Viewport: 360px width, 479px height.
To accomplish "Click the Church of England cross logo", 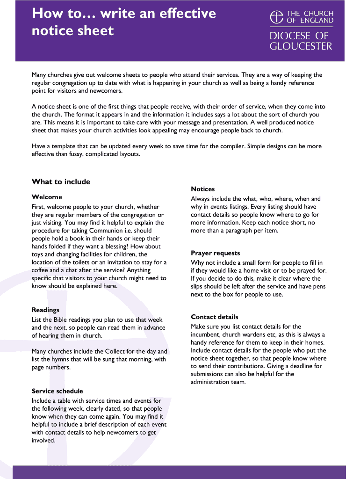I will (x=277, y=17).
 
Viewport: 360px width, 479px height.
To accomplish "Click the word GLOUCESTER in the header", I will (x=301, y=46).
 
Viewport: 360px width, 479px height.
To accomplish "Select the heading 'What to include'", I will (x=61, y=181).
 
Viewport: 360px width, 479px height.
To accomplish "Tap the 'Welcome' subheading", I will (x=47, y=197).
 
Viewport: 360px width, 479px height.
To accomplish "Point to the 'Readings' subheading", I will (x=45, y=310).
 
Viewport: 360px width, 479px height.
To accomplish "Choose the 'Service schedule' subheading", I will (x=57, y=391).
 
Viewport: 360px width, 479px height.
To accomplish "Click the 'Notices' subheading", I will (x=202, y=189).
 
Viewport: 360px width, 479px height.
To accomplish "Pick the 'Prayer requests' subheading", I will (x=215, y=253).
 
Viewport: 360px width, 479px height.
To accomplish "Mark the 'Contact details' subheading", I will (x=214, y=317).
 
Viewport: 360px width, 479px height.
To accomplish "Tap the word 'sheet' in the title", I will (x=98, y=31).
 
